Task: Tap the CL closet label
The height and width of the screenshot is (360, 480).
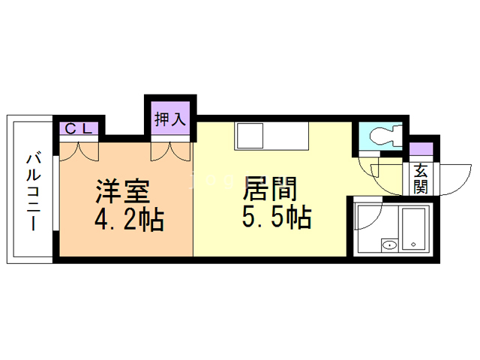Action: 78,129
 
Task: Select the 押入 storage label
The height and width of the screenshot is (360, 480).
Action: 169,119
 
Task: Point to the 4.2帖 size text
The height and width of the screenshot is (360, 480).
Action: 129,220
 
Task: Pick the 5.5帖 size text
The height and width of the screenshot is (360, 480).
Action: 276,217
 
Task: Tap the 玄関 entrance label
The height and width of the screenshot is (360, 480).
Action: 420,179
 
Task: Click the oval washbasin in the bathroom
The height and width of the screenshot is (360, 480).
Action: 390,244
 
